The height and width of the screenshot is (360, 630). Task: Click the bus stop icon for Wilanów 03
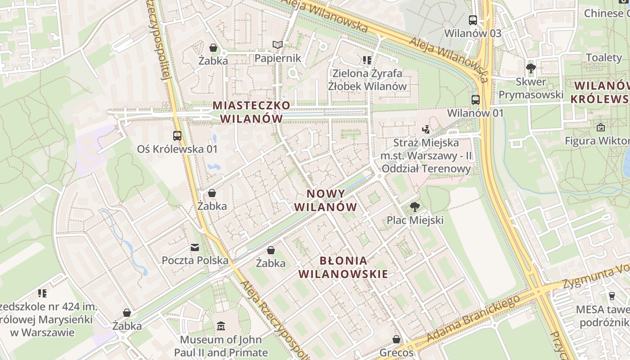click(x=472, y=20)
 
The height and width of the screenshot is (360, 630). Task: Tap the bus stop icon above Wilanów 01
click(x=475, y=100)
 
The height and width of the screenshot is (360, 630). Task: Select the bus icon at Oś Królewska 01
click(x=177, y=135)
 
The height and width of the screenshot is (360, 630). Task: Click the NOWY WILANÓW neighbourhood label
click(x=326, y=200)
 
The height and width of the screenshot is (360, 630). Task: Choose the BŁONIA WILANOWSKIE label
click(x=343, y=267)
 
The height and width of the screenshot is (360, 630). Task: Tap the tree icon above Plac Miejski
click(x=415, y=207)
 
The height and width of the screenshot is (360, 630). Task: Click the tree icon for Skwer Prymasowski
click(x=531, y=68)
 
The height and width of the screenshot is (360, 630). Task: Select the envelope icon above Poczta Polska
click(x=195, y=247)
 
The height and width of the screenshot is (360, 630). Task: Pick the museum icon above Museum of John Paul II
click(x=221, y=326)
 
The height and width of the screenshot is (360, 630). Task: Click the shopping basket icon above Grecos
click(x=396, y=339)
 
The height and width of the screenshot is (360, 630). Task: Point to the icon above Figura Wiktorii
click(x=600, y=127)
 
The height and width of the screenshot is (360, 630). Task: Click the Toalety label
click(x=603, y=57)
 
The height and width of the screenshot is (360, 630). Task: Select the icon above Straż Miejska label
click(x=426, y=130)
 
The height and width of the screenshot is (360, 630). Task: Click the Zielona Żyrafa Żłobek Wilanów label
click(x=367, y=79)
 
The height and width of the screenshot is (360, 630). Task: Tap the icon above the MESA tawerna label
click(x=612, y=296)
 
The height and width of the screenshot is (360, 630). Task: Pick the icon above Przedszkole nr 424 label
click(x=42, y=293)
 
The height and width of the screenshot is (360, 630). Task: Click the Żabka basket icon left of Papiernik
click(x=213, y=47)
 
